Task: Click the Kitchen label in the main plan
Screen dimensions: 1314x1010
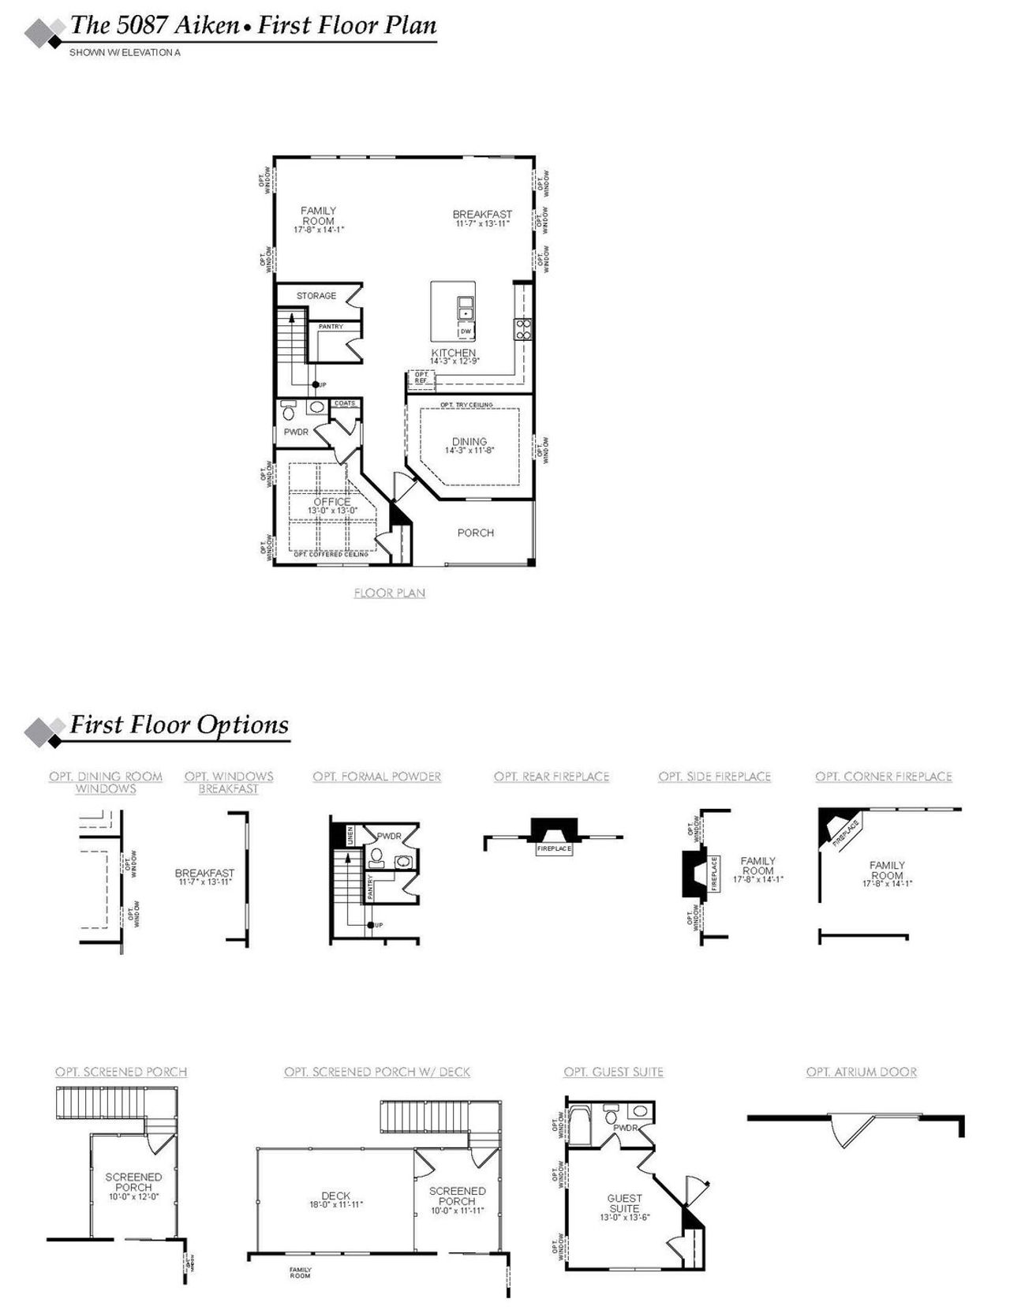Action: pyautogui.click(x=453, y=353)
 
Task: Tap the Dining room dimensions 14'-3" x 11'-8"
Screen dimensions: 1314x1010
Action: pyautogui.click(x=469, y=451)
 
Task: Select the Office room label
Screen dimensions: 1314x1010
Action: pyautogui.click(x=331, y=502)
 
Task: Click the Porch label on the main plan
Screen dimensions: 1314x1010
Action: pyautogui.click(x=475, y=533)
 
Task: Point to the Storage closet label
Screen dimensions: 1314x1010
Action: pyautogui.click(x=316, y=296)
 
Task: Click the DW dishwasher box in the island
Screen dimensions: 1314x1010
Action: pyautogui.click(x=466, y=331)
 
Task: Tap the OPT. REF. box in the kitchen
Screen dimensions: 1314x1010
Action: pyautogui.click(x=421, y=378)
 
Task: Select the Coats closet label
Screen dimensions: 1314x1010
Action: pyautogui.click(x=345, y=404)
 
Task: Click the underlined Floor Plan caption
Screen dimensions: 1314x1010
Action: pyautogui.click(x=389, y=593)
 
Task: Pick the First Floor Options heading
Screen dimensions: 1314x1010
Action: pyautogui.click(x=179, y=724)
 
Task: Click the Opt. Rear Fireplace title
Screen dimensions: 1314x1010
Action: pyautogui.click(x=552, y=777)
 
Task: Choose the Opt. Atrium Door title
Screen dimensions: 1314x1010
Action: pyautogui.click(x=861, y=1072)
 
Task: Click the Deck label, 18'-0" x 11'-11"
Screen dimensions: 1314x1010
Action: pyautogui.click(x=335, y=1196)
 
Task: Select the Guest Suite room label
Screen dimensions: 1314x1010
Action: pyautogui.click(x=624, y=1203)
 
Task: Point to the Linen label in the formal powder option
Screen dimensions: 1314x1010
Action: pyautogui.click(x=349, y=834)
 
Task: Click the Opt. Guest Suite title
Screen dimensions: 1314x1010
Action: pyautogui.click(x=613, y=1072)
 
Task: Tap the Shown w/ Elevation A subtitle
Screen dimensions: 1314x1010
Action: pyautogui.click(x=125, y=53)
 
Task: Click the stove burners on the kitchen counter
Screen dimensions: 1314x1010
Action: pyautogui.click(x=523, y=329)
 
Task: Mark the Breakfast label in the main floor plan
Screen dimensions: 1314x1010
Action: pyautogui.click(x=481, y=214)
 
